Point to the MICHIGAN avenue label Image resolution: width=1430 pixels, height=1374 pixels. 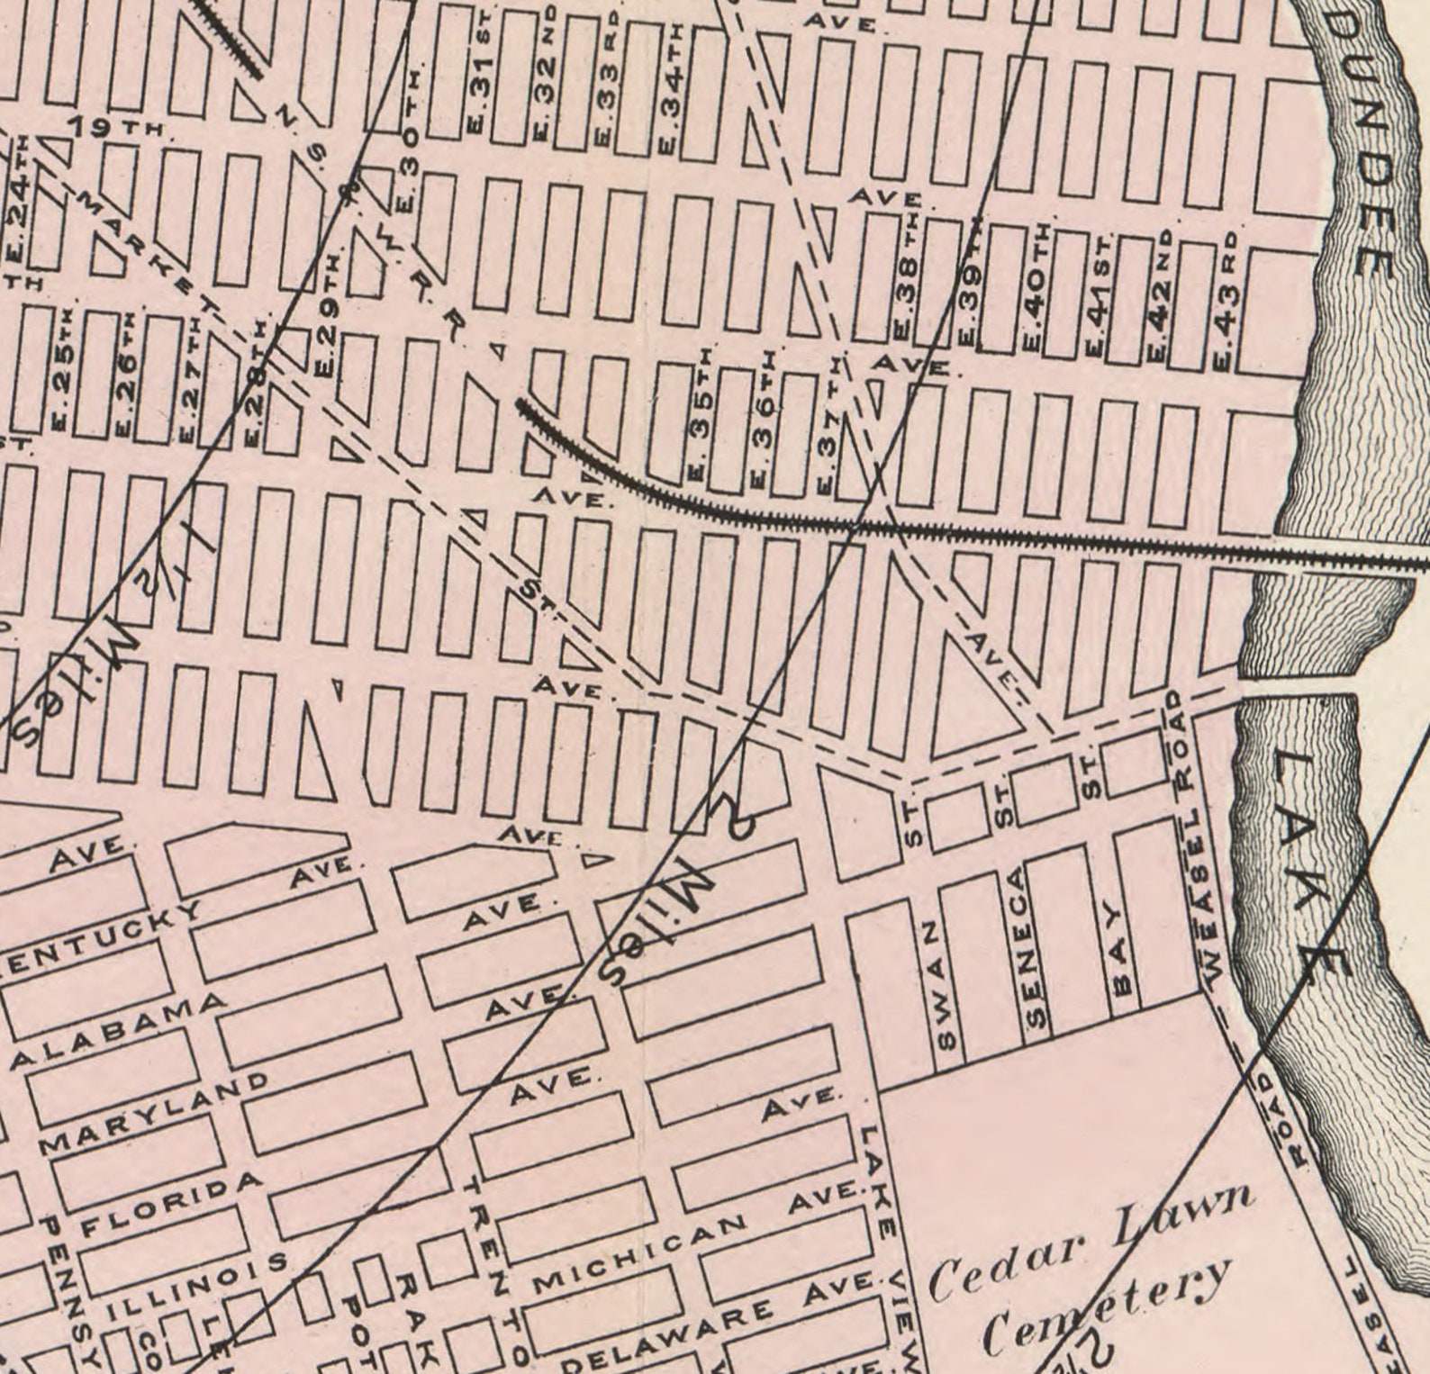point(639,1255)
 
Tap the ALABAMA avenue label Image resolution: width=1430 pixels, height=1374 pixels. point(117,1030)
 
